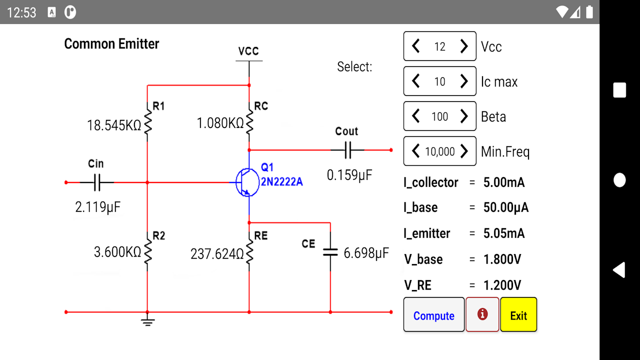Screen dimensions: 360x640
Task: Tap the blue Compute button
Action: (433, 315)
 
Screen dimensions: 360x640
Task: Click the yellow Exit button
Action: (518, 315)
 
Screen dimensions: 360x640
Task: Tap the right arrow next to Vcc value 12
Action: (464, 46)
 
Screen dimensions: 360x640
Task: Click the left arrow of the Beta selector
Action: (415, 116)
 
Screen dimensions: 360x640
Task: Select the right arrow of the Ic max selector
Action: (464, 81)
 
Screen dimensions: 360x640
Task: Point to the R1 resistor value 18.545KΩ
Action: (114, 125)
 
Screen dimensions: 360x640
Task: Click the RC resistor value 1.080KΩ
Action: (220, 123)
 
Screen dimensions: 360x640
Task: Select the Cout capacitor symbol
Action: (347, 149)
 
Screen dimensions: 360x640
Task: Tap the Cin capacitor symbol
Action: (97, 182)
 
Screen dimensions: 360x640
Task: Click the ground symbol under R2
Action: (147, 321)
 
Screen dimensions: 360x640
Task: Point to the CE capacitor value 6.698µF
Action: (366, 253)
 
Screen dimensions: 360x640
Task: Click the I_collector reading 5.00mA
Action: (504, 182)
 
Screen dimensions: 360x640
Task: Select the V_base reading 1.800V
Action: (502, 259)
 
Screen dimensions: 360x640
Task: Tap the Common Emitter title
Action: (111, 44)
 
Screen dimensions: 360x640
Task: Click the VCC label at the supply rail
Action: (248, 51)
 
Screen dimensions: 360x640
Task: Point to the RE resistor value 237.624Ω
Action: (217, 254)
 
